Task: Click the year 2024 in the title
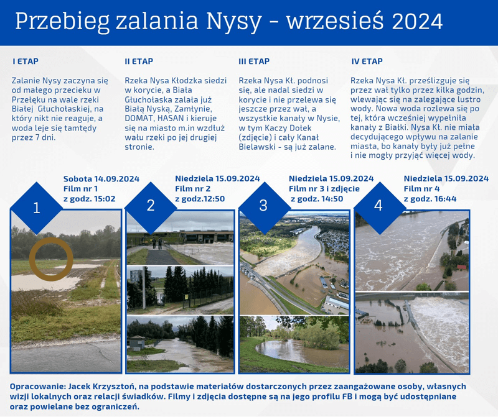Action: tap(417, 22)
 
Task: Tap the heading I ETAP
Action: tap(26, 61)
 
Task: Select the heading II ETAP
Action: tap(139, 61)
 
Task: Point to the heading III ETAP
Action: tap(254, 61)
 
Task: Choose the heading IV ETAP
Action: tap(367, 61)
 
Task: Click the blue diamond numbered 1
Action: tap(37, 208)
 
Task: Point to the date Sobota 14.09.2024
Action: tap(101, 179)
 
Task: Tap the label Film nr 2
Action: tap(193, 189)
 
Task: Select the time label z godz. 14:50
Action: tap(317, 199)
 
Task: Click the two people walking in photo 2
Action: tap(157, 244)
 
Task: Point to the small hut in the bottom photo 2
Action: tap(137, 342)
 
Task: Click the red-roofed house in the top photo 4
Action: tap(461, 267)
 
